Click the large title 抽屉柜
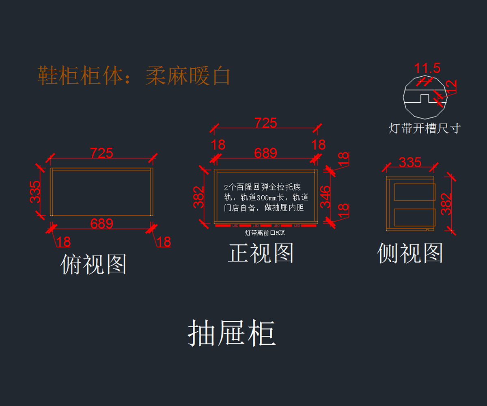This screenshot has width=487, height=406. pos(232,333)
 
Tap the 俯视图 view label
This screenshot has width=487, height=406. pos(94,264)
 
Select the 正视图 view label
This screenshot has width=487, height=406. pos(261,253)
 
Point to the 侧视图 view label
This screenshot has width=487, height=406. pos(410,253)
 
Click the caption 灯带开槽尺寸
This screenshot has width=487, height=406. pos(425,128)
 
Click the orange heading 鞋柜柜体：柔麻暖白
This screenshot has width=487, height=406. pos(134,76)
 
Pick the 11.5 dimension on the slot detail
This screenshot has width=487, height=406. pos(427,68)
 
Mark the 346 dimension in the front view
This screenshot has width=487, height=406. pos(325,197)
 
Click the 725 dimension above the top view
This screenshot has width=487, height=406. pos(101,153)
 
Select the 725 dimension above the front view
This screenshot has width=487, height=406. pos(265,123)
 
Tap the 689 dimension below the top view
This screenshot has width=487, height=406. pos(101,224)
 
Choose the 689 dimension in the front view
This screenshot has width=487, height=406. pos(265,153)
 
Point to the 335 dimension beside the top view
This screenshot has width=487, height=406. pos(35,192)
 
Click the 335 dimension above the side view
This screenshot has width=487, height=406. pos(410,162)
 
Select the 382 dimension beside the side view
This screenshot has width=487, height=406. pos(446,203)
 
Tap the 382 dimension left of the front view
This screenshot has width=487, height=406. pos(198,197)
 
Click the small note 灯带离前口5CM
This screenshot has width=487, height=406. pos(265,233)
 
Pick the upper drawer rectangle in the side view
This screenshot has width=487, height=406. pos(414,192)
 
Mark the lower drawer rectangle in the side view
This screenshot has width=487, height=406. pos(414,217)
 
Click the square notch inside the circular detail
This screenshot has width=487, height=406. pos(425,99)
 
